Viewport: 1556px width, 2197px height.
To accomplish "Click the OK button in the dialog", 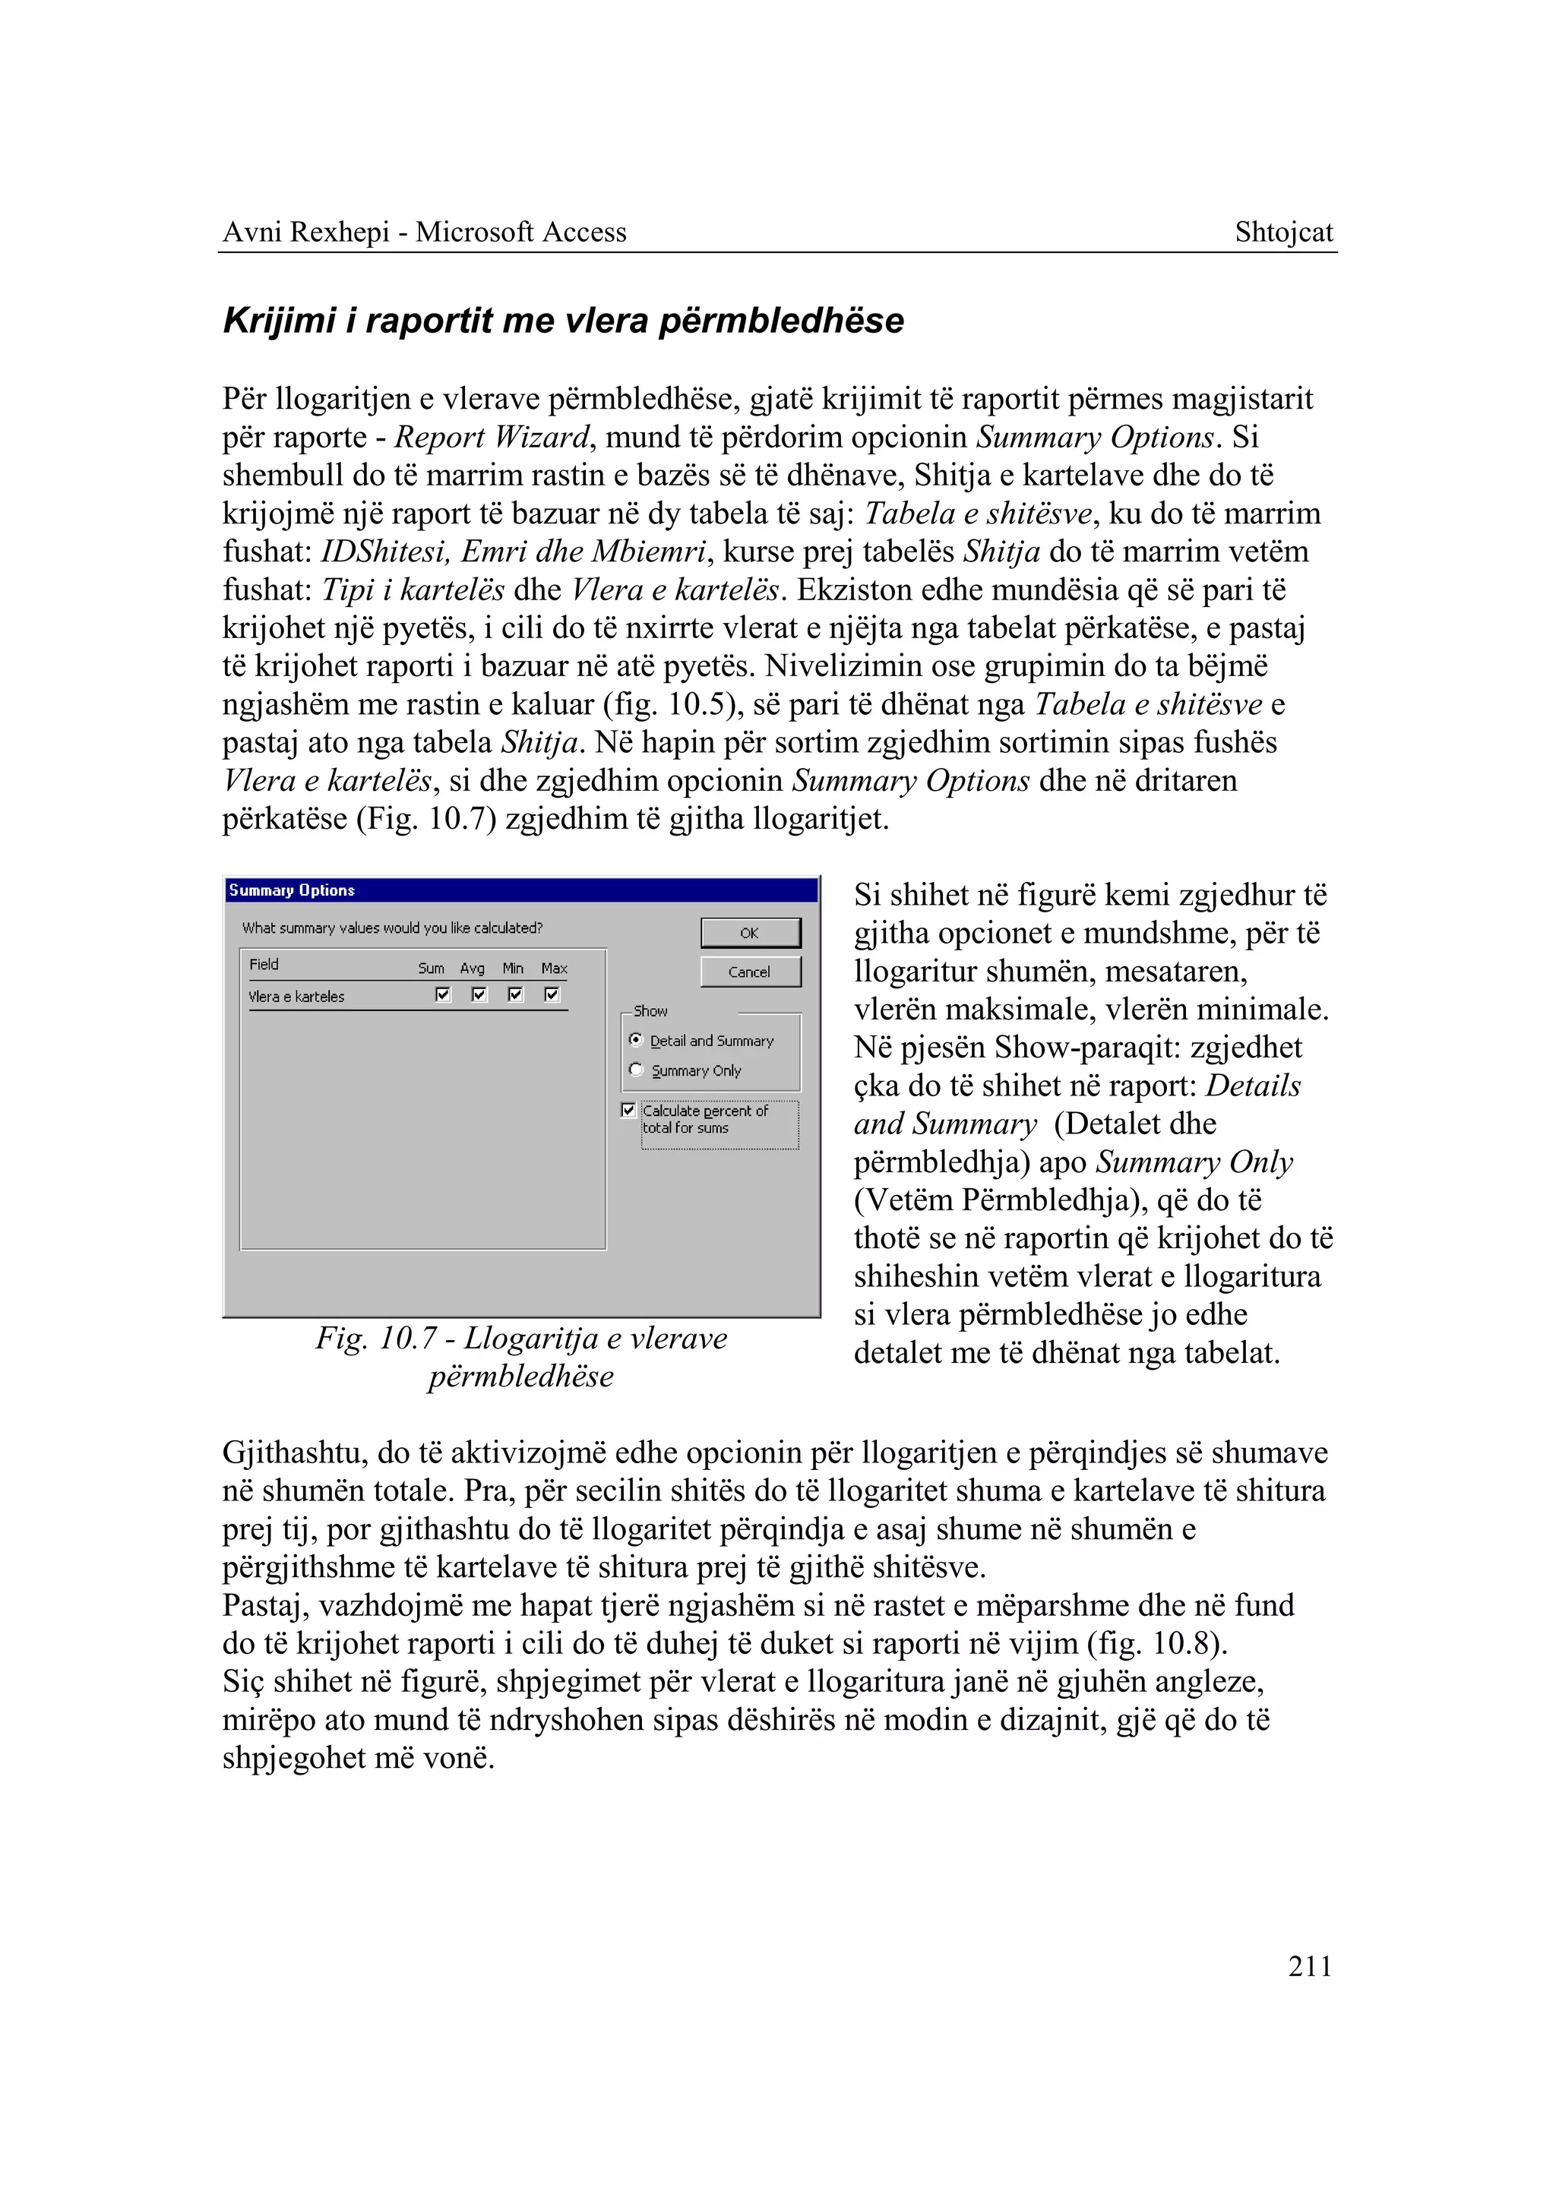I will coord(750,932).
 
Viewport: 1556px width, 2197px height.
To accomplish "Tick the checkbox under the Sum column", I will coord(443,994).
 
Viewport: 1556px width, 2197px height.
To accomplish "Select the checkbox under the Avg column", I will coord(479,994).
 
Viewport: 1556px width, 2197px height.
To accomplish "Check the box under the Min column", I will coord(515,994).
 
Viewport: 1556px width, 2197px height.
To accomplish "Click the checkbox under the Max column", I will coord(552,994).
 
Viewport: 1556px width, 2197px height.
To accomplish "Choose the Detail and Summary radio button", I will coord(635,1039).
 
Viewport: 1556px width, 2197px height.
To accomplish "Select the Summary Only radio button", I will coord(635,1070).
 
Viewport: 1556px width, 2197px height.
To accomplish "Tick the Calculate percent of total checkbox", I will coord(628,1110).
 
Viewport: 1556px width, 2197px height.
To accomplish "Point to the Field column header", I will coord(264,964).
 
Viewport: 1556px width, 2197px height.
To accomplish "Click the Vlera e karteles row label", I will coord(296,997).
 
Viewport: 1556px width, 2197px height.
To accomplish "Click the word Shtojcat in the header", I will coord(1283,232).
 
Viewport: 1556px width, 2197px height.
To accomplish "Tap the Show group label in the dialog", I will coord(650,1011).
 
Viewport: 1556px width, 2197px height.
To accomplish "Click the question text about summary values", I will coord(392,928).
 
